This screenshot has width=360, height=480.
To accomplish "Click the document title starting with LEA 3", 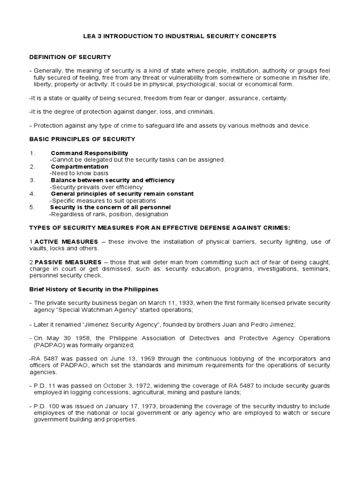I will [x=180, y=36].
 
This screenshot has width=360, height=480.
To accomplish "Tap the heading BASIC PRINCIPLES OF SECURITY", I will [x=82, y=139].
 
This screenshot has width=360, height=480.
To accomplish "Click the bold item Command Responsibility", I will [x=89, y=153].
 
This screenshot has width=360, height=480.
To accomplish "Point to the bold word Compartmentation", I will [x=79, y=166].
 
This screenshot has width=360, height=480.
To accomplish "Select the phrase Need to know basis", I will [x=78, y=173].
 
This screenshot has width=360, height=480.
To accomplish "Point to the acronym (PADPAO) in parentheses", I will [x=48, y=345].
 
